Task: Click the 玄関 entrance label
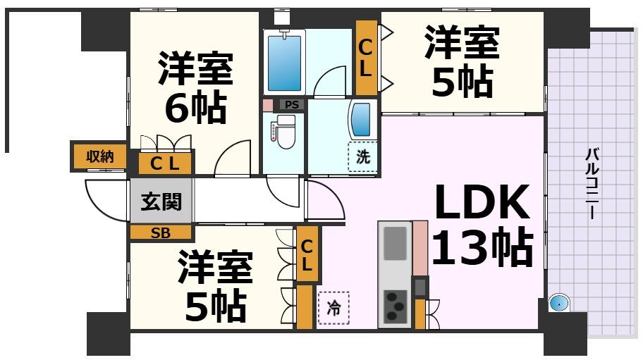click(161, 202)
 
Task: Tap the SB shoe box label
click(161, 233)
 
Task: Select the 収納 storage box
click(99, 157)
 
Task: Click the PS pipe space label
click(292, 105)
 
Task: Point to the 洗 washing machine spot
click(362, 157)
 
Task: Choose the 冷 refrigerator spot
click(333, 308)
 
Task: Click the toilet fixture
click(284, 131)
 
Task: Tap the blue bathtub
click(285, 61)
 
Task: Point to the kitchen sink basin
click(395, 243)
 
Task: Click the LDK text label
click(481, 203)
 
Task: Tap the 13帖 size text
click(481, 248)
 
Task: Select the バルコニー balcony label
click(592, 183)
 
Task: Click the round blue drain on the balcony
click(558, 303)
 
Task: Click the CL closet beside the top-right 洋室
click(366, 58)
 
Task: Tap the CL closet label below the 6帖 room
click(165, 164)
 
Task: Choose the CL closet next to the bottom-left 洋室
click(307, 254)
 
